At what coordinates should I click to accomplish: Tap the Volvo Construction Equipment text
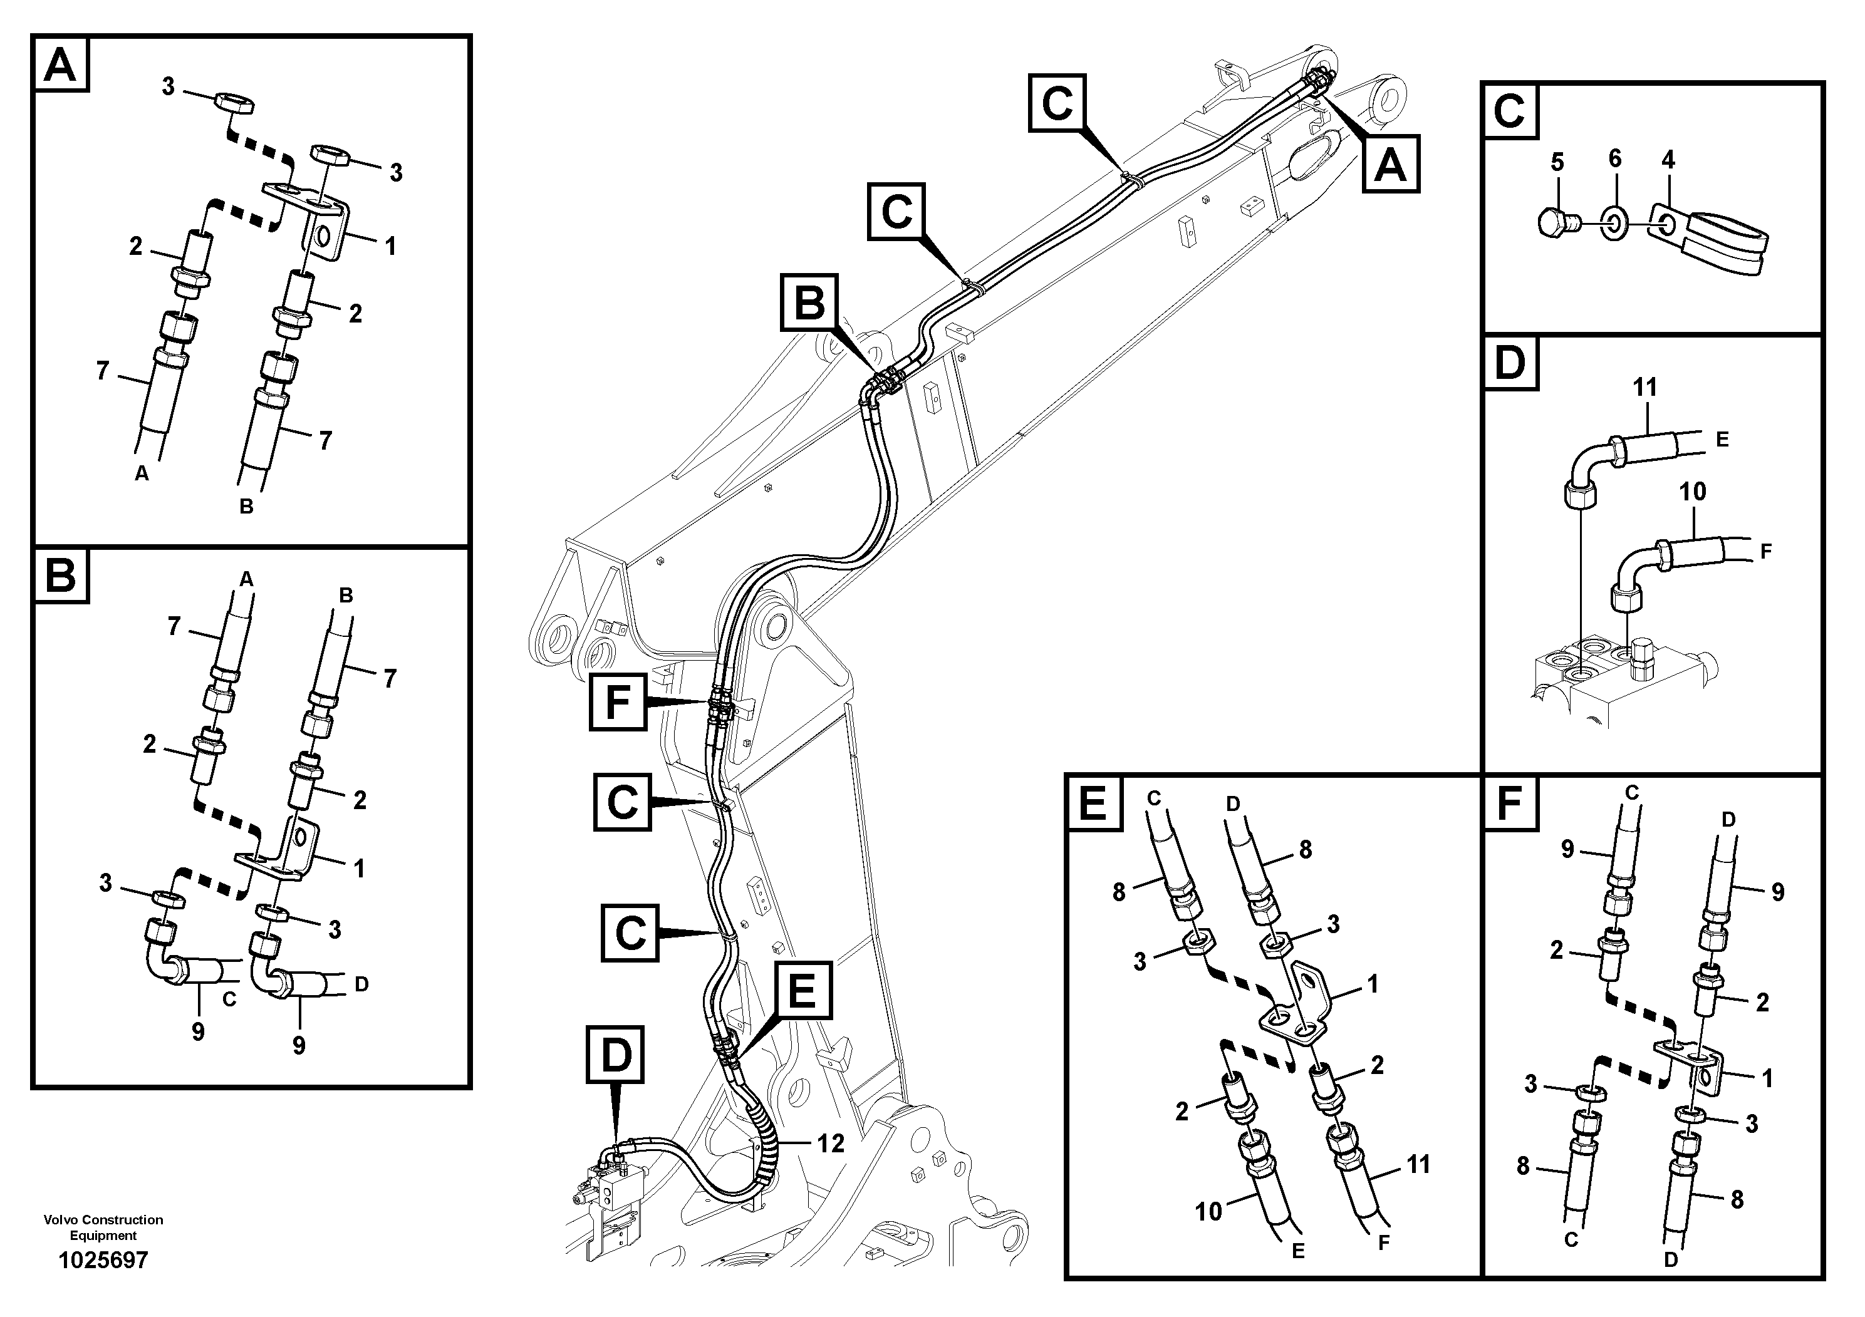point(103,1227)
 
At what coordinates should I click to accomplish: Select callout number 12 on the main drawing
point(830,1144)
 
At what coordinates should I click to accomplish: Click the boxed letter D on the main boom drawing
point(615,1055)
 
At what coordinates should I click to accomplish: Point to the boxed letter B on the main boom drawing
point(809,303)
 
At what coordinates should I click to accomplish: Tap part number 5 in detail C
point(1556,162)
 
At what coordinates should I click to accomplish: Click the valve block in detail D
point(1616,691)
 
